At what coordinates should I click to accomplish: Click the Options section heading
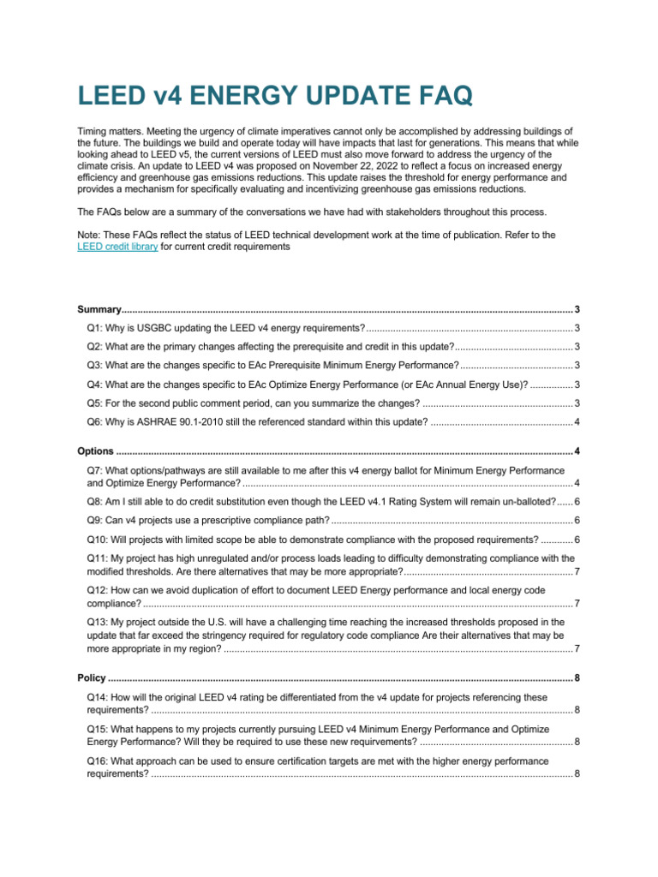pos(95,451)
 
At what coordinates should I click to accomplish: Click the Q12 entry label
pos(99,590)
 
